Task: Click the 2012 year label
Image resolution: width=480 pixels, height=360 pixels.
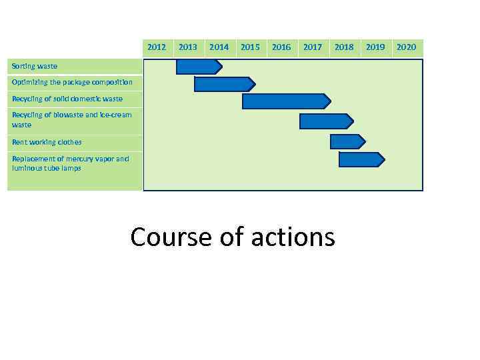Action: click(157, 47)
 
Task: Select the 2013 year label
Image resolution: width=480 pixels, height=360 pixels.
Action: click(188, 47)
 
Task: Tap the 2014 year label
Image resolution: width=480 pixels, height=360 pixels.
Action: click(219, 47)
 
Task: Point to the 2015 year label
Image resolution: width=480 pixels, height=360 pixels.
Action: click(250, 47)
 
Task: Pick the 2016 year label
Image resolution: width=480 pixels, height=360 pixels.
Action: click(281, 47)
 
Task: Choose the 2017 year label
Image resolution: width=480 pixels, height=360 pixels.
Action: click(312, 47)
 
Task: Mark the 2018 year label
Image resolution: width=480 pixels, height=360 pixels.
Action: click(344, 47)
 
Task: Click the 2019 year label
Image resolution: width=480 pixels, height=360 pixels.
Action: click(375, 47)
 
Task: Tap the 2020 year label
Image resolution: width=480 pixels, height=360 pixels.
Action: click(406, 47)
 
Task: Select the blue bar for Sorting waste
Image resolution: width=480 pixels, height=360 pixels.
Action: click(198, 67)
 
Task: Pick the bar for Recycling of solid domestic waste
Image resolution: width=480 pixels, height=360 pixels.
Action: click(285, 101)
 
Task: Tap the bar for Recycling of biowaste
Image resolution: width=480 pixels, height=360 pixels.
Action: click(325, 121)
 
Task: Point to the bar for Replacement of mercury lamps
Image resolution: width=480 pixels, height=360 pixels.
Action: click(361, 159)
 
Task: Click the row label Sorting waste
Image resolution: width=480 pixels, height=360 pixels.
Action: click(35, 66)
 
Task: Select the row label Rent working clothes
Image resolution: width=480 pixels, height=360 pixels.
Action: click(47, 142)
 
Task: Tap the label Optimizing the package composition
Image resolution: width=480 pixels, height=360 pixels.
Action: click(72, 82)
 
